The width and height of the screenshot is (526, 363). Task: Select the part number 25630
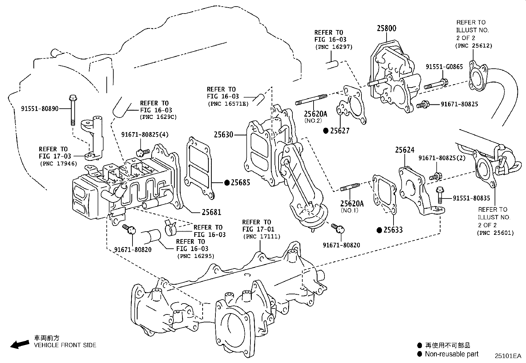(223, 135)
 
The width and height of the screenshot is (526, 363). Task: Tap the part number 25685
(241, 183)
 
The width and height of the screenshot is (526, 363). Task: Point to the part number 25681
(211, 212)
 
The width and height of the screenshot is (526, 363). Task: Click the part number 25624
(404, 150)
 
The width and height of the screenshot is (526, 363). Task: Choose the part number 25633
(393, 230)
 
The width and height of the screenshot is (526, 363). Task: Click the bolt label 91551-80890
(40, 108)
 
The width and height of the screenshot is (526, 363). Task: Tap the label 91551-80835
(471, 198)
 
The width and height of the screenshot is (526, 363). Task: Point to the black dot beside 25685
(227, 183)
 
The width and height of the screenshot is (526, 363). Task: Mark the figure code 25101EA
(507, 356)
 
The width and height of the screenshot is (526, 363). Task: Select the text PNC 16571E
(228, 104)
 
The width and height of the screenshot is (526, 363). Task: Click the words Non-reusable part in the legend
(451, 354)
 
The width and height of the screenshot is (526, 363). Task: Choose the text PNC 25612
(473, 46)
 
